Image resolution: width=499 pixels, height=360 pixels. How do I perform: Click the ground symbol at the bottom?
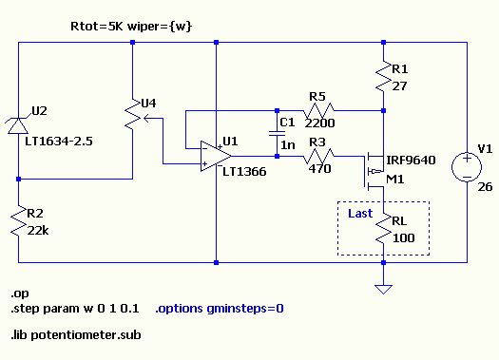(x=383, y=289)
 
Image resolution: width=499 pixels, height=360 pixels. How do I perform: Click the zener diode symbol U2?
(x=18, y=125)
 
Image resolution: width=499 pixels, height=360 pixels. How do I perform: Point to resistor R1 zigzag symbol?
(x=383, y=76)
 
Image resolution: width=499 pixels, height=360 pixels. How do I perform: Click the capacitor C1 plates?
(x=277, y=133)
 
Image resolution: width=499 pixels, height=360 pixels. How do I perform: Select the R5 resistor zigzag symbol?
(x=318, y=111)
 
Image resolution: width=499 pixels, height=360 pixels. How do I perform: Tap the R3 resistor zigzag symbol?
(x=318, y=156)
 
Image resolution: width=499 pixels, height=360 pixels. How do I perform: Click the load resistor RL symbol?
(x=383, y=228)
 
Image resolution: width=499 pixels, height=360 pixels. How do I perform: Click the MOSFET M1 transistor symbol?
(x=374, y=171)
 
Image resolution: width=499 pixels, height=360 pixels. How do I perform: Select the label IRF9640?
(x=411, y=160)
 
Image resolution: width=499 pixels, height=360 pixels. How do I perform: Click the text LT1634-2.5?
(x=59, y=141)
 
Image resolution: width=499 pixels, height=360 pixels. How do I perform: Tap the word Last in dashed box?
(x=360, y=213)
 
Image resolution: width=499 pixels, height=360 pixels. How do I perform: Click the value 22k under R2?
(x=38, y=231)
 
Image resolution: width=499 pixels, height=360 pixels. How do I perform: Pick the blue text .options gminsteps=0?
(x=220, y=308)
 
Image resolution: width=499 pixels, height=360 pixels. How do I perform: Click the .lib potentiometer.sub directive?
(x=76, y=335)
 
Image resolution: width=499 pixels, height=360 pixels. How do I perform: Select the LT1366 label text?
(x=244, y=172)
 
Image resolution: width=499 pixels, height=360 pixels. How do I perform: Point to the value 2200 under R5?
(x=319, y=123)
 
